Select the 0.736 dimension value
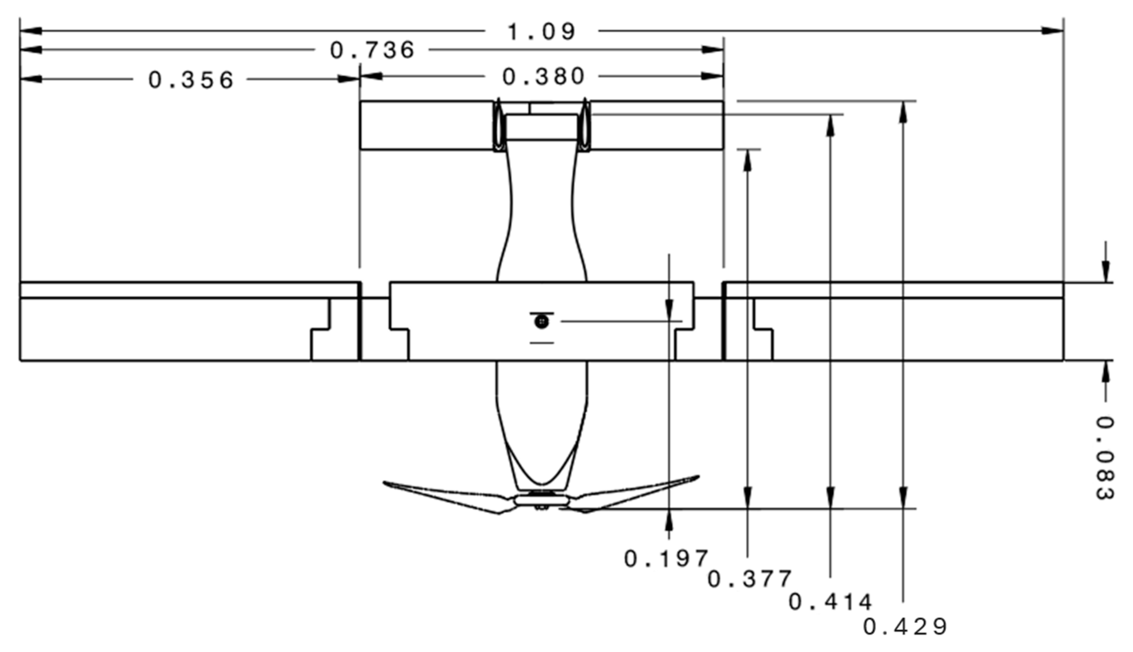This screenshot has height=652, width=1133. pos(372,50)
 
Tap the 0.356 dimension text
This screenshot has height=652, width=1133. pos(191,80)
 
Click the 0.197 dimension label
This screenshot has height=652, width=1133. pos(666,559)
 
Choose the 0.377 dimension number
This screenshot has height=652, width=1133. pos(749,579)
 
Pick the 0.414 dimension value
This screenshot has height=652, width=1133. pos(830,602)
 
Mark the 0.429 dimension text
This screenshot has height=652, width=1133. pos(905,627)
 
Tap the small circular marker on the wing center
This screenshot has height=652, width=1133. pos(542,321)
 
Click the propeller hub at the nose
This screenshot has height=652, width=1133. pos(542,500)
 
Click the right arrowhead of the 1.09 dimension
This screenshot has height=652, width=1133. pos(1052,31)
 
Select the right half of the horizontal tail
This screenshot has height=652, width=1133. pos(656,126)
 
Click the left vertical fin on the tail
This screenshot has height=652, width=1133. pos(497,126)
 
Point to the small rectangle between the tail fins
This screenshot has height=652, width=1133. pos(541,127)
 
